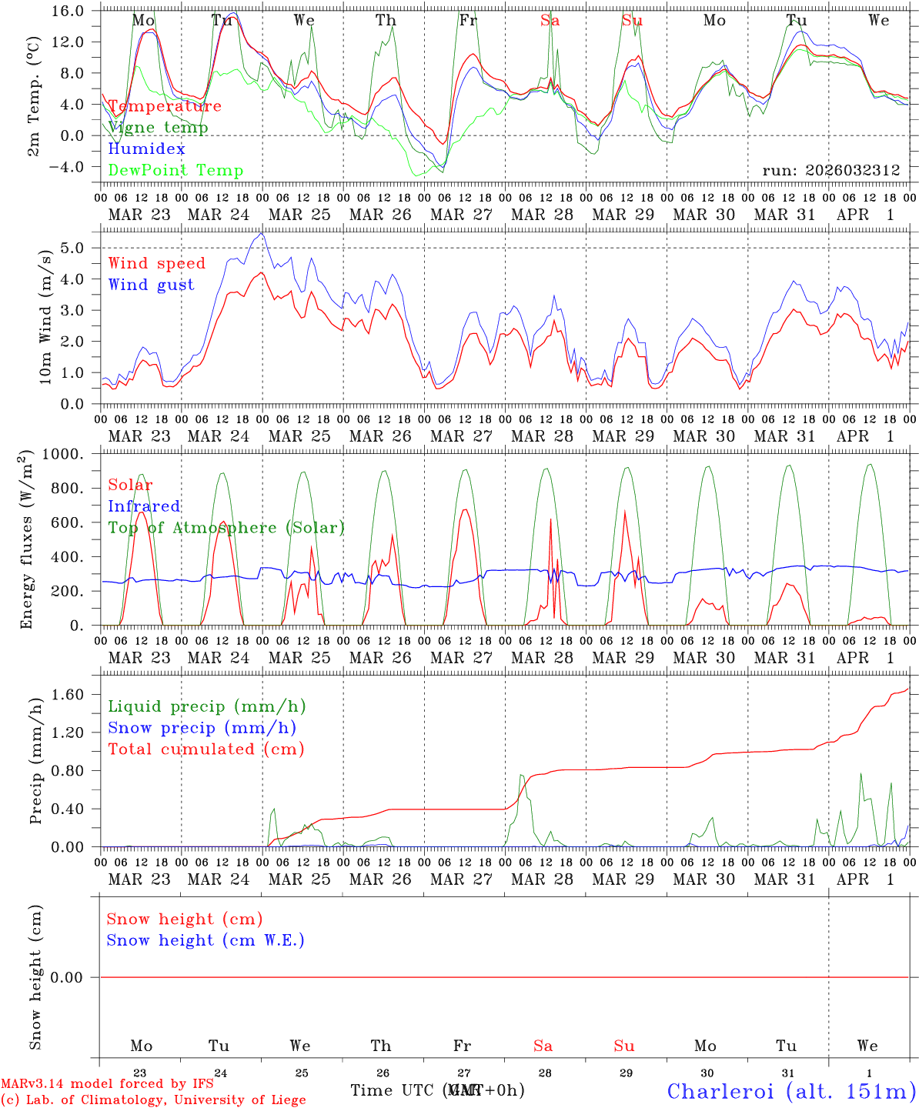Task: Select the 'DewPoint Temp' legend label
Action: [175, 171]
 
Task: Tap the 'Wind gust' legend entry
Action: [151, 285]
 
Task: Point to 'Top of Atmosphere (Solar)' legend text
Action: [226, 528]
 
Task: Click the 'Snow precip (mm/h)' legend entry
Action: [202, 728]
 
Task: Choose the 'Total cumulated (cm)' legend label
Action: [206, 749]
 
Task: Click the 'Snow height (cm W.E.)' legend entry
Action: [205, 940]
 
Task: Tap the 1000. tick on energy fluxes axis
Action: [65, 454]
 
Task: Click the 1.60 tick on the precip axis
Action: [70, 695]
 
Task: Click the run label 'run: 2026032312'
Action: [830, 171]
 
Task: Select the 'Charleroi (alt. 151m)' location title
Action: [791, 1091]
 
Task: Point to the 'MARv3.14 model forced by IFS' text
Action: [107, 1083]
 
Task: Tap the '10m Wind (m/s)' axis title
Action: [45, 316]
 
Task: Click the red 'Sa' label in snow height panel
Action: [543, 1046]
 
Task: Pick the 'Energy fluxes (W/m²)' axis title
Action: [28, 539]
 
